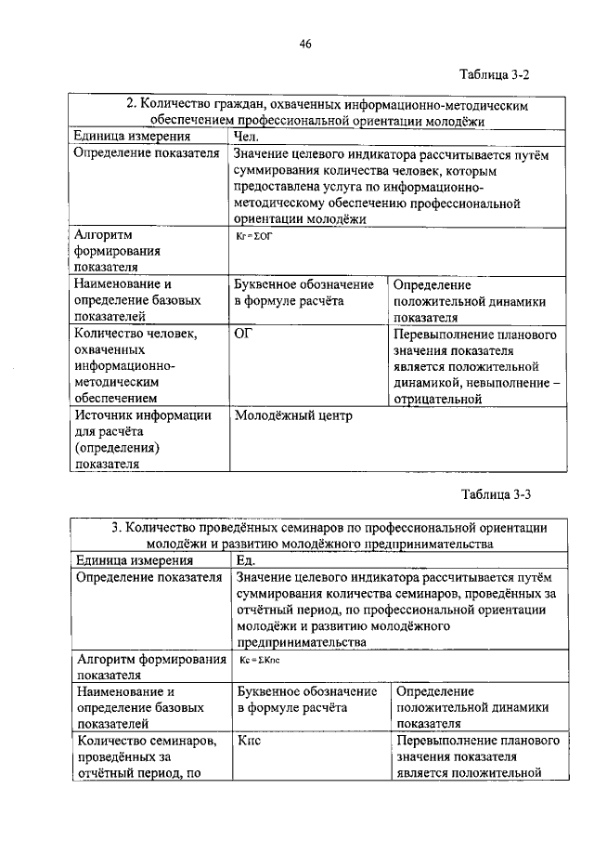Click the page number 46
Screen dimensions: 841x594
(304, 43)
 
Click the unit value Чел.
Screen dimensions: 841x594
(247, 137)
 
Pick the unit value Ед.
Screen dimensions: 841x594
(246, 560)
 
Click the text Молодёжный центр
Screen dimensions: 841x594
(294, 416)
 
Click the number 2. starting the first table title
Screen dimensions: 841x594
(132, 106)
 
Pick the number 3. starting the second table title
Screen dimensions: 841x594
(116, 527)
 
